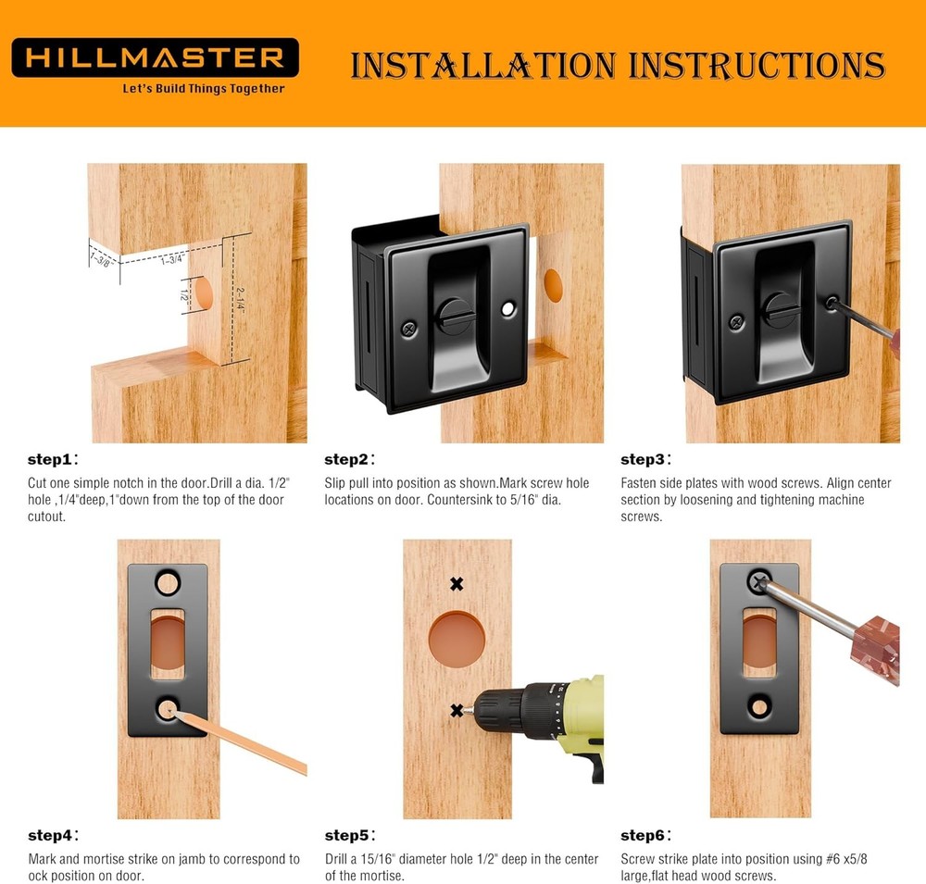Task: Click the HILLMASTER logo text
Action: (x=155, y=57)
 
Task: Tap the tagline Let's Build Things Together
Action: (x=204, y=89)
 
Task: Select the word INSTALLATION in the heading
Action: (x=482, y=66)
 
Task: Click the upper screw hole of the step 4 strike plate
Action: (x=167, y=582)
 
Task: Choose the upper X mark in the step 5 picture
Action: (x=457, y=583)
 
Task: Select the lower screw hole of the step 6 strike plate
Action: (x=758, y=708)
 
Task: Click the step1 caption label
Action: (x=53, y=459)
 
